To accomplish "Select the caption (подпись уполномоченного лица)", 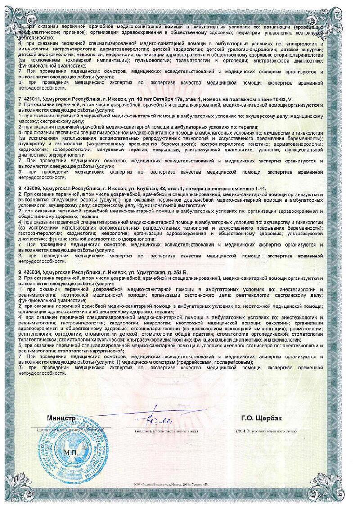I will click(x=164, y=431).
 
